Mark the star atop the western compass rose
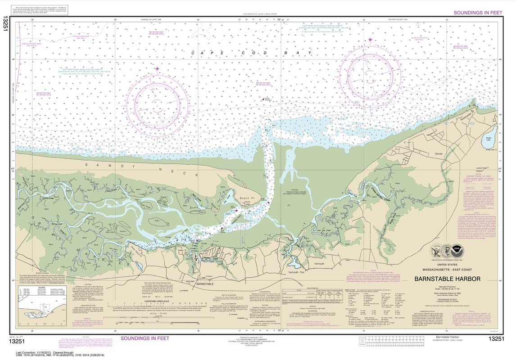click(157, 69)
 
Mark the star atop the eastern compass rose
click(370, 40)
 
